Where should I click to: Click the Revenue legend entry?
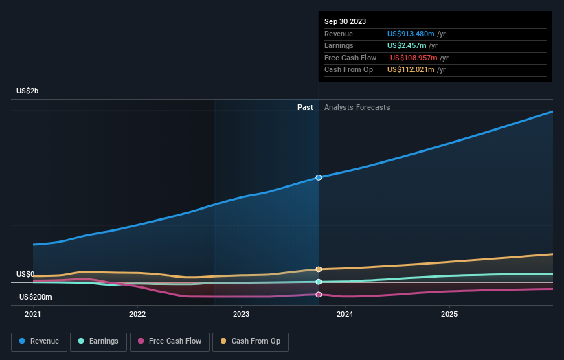40,341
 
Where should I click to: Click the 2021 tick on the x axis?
33,314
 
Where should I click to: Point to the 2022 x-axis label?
137,314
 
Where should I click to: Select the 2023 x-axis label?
241,314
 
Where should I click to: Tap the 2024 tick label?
345,314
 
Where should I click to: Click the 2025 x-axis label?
449,314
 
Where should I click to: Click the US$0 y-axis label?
25,274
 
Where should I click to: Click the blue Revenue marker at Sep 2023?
319,177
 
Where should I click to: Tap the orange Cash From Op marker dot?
319,269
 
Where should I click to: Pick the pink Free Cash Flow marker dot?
319,295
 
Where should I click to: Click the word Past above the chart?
305,107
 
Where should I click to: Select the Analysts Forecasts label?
357,107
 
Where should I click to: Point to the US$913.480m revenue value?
411,34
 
